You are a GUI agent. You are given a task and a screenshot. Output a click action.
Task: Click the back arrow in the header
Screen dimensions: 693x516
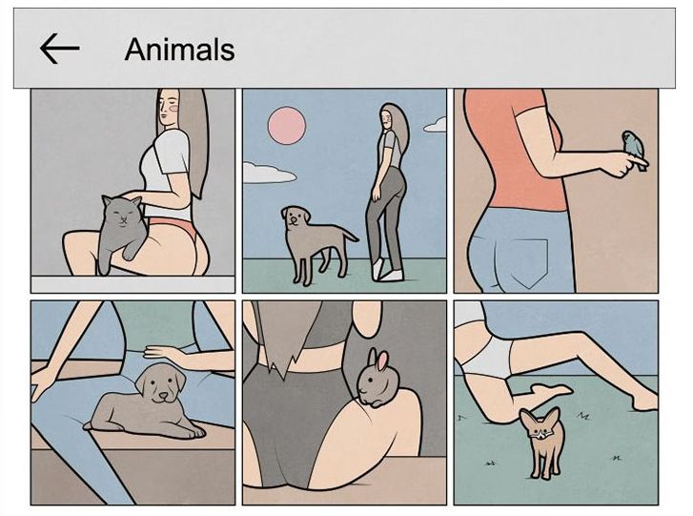[x=60, y=49]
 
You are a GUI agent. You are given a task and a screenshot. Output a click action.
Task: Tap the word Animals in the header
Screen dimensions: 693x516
[x=179, y=49]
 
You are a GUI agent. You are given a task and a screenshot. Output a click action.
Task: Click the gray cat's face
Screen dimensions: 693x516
[x=123, y=215]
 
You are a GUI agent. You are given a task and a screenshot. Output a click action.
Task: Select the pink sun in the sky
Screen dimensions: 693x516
[x=286, y=125]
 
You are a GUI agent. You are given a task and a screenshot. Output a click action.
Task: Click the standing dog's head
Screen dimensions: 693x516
[x=296, y=217]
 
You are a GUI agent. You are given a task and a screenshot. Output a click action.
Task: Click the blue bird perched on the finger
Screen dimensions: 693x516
[x=634, y=147]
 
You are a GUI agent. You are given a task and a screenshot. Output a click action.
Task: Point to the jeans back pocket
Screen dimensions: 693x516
[x=529, y=261]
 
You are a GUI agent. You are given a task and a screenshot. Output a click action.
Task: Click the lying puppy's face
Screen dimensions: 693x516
[x=161, y=382]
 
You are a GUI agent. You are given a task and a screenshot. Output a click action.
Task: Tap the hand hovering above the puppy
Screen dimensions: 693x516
[x=164, y=355]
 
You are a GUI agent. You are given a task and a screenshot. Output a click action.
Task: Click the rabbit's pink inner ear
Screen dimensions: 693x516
[x=383, y=361]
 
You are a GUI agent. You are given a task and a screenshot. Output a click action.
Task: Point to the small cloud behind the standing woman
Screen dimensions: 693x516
[x=436, y=125]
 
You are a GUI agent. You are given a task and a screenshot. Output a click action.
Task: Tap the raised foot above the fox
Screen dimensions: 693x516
[x=553, y=390]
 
